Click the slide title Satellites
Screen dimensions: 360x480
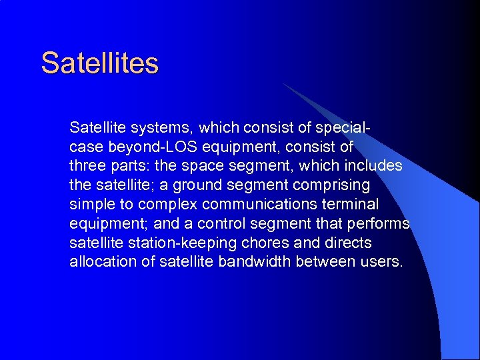click(x=100, y=63)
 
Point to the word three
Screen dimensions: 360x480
click(x=86, y=165)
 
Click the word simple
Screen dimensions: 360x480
click(x=90, y=203)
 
